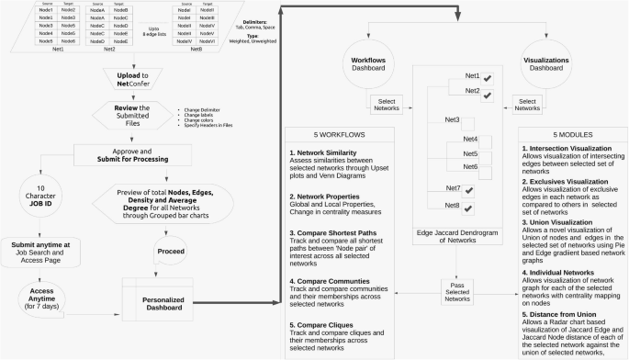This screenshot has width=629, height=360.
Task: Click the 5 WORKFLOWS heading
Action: [x=340, y=133]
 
